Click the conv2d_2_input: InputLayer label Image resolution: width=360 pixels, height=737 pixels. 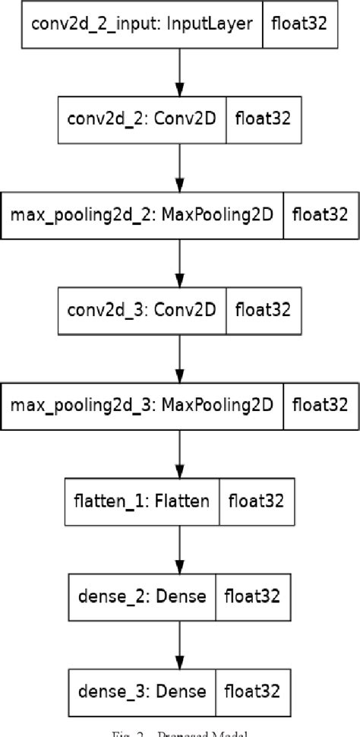[142, 24]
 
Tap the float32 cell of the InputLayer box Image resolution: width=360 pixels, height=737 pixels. [299, 24]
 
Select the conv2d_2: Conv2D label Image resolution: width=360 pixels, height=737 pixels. [142, 119]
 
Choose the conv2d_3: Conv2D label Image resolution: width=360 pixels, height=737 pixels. [142, 309]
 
